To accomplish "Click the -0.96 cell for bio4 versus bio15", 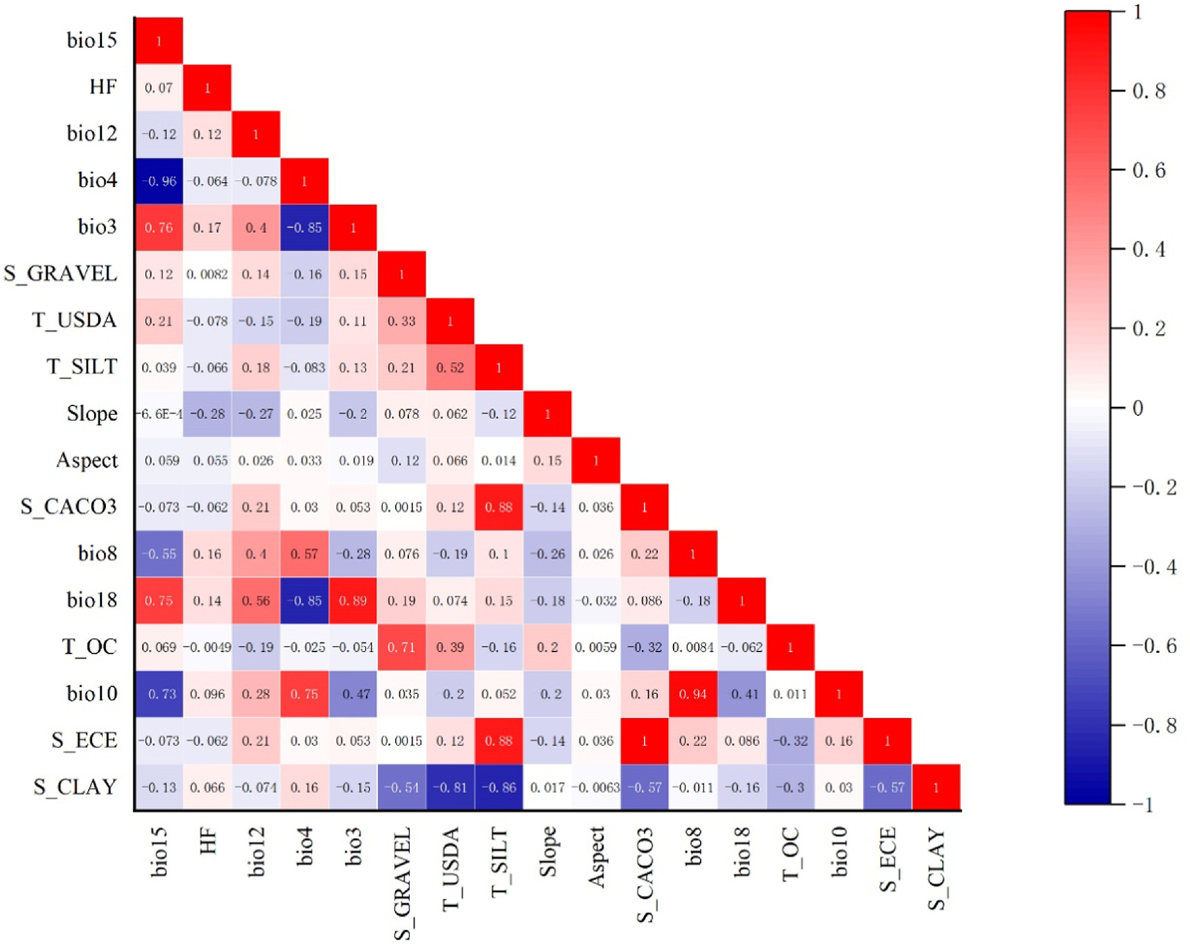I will point(159,181).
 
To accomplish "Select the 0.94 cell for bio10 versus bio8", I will point(692,694).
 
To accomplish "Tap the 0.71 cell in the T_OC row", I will point(401,647).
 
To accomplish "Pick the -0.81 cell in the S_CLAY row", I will point(450,787).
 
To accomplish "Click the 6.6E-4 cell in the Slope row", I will point(159,414).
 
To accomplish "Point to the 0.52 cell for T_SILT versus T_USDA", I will point(450,367).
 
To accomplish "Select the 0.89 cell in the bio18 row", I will point(353,600).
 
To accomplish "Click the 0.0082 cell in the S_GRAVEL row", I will point(207,274).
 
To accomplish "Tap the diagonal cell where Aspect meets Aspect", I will point(595,460).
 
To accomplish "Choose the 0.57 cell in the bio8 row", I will point(304,554).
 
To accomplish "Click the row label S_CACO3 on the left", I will point(69,507).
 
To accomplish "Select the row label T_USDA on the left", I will point(74,320).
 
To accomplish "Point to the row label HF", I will point(103,87).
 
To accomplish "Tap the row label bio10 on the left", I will point(91,693).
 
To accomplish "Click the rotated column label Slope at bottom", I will point(548,852).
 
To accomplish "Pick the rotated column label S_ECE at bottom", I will point(888,859).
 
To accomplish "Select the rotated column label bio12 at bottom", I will point(256,853).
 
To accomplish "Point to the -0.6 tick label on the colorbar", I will point(1154,646).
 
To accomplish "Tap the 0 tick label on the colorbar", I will point(1137,408).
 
